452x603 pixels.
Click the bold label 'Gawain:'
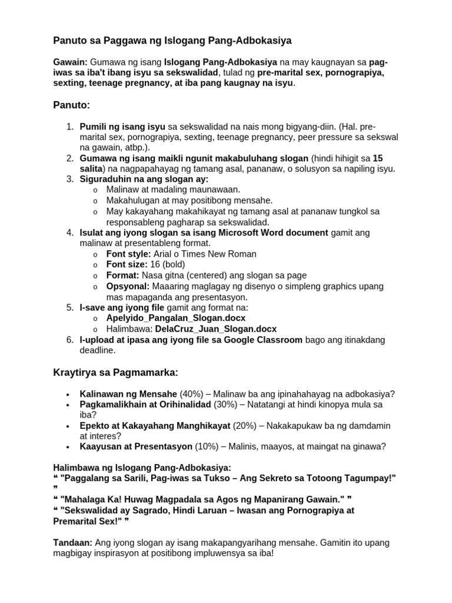[70, 62]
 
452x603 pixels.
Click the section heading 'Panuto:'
[72, 105]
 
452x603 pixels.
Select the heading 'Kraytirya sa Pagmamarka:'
[116, 373]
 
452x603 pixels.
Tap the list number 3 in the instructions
[69, 179]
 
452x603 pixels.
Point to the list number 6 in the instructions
[69, 340]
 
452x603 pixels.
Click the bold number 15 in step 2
[378, 158]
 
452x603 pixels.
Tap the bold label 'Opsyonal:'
[127, 286]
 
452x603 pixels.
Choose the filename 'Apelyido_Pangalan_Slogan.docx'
[176, 318]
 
